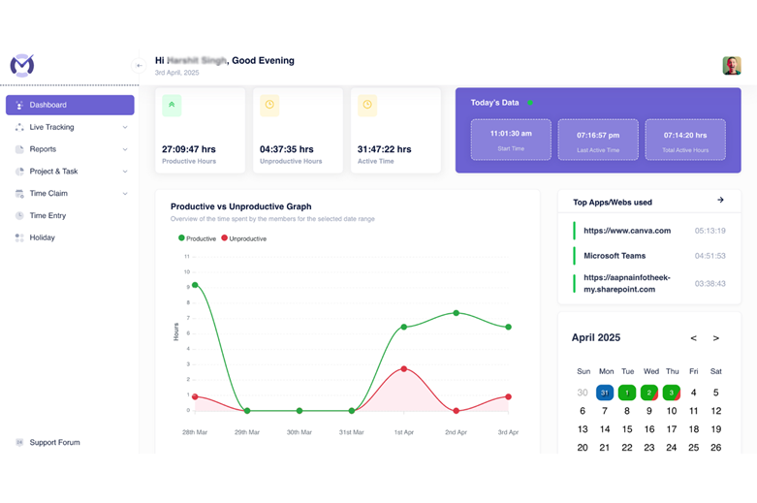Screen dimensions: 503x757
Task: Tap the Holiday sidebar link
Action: (42, 237)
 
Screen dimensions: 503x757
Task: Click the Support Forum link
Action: (54, 443)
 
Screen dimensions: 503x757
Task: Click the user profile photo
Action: (732, 66)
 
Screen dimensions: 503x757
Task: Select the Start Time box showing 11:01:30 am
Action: (511, 140)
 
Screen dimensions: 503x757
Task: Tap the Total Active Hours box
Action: (684, 140)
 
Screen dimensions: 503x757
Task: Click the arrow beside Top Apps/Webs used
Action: (720, 201)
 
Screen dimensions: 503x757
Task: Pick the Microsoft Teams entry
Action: (615, 256)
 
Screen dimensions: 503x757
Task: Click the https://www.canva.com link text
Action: (627, 231)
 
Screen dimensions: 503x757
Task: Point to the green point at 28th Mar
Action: (196, 285)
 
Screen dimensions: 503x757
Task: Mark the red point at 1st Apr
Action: (403, 368)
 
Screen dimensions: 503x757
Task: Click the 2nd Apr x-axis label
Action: (456, 432)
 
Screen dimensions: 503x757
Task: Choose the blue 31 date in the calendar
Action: (605, 393)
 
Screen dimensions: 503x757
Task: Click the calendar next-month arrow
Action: (716, 338)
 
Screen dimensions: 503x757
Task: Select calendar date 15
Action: (627, 428)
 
